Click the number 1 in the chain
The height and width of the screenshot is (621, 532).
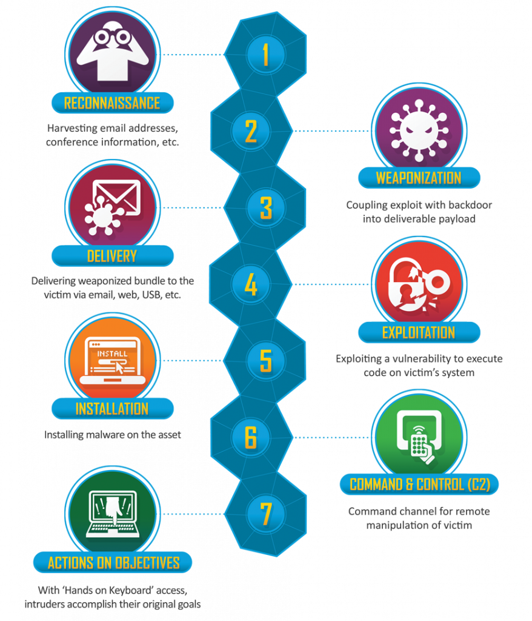(x=265, y=55)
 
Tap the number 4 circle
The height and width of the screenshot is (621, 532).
(x=251, y=284)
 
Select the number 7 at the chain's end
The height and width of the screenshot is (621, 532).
(x=265, y=514)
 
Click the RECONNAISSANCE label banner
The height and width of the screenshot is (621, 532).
(x=113, y=103)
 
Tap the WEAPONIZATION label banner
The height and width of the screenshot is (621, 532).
(x=419, y=178)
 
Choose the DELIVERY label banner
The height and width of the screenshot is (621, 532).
(x=113, y=256)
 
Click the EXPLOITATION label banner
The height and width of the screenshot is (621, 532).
(x=419, y=332)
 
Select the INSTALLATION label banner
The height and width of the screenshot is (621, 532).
(x=113, y=408)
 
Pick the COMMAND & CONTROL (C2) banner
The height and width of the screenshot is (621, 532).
(x=419, y=484)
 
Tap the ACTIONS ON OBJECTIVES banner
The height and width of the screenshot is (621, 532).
(x=113, y=562)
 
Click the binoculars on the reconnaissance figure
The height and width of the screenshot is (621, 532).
(x=113, y=38)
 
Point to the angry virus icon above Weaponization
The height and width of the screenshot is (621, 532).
(x=419, y=130)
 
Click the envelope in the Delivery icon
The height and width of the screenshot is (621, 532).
(x=116, y=197)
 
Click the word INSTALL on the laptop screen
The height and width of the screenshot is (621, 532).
(x=113, y=354)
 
